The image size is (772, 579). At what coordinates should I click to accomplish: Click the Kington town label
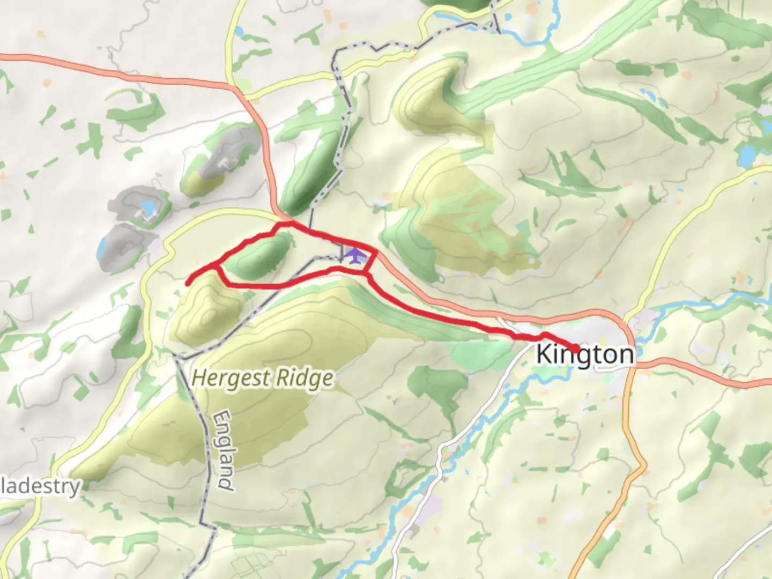(584, 355)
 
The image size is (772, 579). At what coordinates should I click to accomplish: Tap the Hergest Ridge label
(262, 378)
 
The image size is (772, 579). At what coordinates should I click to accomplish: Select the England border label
(224, 450)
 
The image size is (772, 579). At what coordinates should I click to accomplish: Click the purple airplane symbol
(354, 255)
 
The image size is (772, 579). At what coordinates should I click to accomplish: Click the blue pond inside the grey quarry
(146, 206)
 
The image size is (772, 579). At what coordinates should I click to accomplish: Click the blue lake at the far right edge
(746, 156)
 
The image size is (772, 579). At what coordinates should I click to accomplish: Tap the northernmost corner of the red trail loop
(289, 222)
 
